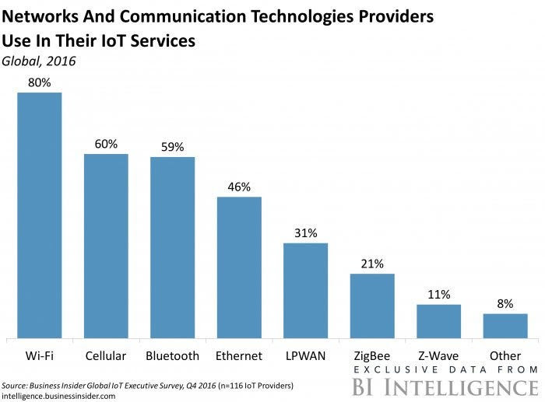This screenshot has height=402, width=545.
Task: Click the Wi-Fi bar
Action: [40, 215]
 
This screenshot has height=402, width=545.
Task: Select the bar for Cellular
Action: [106, 246]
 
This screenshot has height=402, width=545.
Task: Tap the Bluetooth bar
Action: [172, 247]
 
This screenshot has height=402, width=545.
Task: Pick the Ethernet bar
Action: [239, 267]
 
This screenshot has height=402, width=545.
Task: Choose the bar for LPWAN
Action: [305, 291]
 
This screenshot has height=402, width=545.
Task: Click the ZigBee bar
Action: [372, 306]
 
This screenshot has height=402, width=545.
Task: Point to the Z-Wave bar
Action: [438, 321]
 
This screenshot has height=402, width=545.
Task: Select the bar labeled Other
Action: [505, 326]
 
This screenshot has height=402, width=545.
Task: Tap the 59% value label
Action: [172, 147]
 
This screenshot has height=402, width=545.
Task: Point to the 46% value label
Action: [239, 187]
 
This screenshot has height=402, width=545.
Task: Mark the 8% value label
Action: [505, 304]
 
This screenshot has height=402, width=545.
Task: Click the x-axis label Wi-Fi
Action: [40, 355]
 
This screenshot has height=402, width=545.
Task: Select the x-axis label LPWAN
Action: [305, 355]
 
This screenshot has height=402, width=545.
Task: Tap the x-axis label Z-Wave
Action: [438, 355]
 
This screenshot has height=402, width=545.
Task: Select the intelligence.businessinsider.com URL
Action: [58, 395]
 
